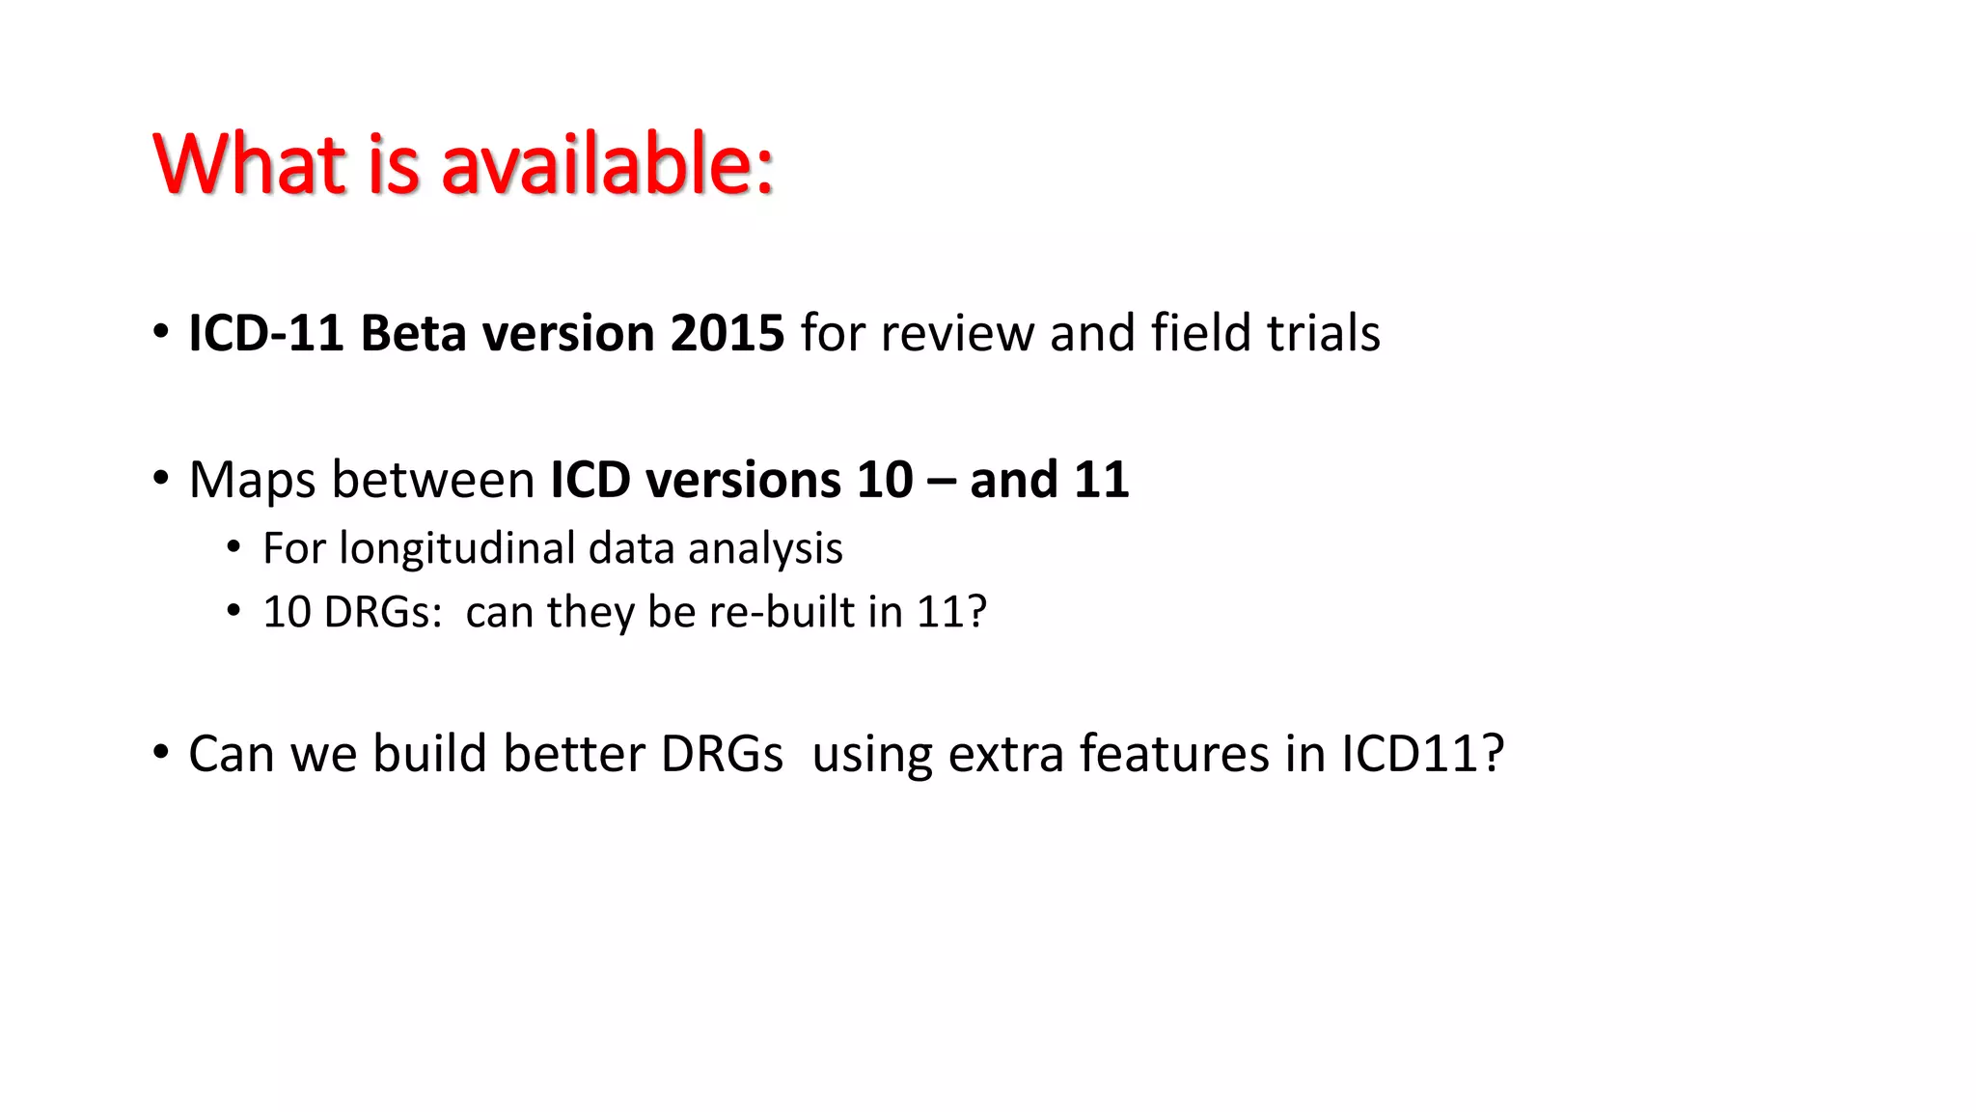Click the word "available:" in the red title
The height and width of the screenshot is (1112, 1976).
click(x=607, y=164)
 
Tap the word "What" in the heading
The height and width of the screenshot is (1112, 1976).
click(x=249, y=164)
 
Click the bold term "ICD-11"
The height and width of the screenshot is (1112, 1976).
click(x=266, y=333)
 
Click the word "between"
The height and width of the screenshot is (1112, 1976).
click(x=433, y=481)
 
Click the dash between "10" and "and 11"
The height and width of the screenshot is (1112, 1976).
click(x=941, y=481)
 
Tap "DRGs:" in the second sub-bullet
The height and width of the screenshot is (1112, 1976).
click(x=383, y=612)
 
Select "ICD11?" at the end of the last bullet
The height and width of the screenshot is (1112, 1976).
click(x=1422, y=754)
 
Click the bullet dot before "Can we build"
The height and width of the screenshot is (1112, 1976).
click(x=161, y=752)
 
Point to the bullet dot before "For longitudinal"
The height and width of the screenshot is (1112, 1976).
click(x=233, y=548)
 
